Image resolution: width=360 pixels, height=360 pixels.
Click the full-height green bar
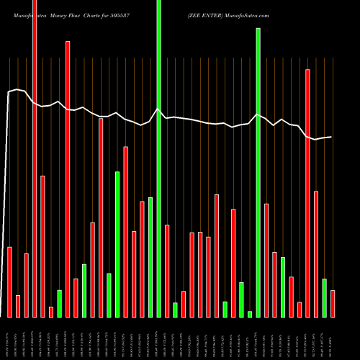click(x=158, y=158)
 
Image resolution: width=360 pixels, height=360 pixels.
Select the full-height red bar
click(x=35, y=158)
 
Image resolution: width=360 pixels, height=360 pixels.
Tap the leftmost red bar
click(x=9, y=282)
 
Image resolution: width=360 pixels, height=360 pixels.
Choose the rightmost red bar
click(x=333, y=303)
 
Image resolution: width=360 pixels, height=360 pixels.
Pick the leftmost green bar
click(x=60, y=303)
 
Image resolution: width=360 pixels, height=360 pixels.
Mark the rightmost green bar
click(x=324, y=297)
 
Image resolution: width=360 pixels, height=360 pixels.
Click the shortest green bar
click(x=250, y=314)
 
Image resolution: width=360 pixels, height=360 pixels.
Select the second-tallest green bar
click(x=258, y=173)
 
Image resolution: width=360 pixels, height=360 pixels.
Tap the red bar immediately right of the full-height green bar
click(x=167, y=271)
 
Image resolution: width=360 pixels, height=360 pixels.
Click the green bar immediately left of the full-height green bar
click(x=150, y=257)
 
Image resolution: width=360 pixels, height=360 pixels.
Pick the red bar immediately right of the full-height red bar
click(x=42, y=246)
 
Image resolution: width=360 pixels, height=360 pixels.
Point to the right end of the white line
click(x=332, y=137)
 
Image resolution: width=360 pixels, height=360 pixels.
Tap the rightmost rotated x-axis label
click(x=333, y=338)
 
